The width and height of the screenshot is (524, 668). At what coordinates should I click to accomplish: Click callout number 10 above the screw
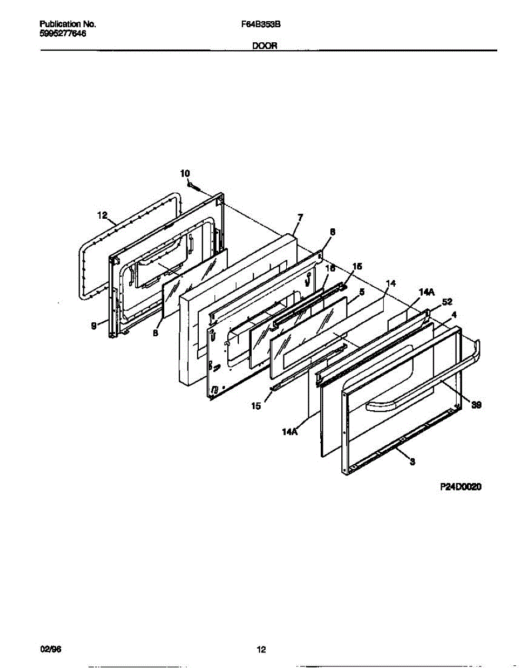(185, 174)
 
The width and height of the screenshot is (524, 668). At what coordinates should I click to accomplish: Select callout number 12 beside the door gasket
(101, 215)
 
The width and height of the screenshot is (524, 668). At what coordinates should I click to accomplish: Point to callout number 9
(94, 327)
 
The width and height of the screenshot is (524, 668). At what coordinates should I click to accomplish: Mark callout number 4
(454, 315)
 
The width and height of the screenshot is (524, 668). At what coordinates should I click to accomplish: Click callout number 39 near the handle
(477, 406)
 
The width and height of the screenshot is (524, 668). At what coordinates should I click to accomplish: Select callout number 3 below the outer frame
(412, 461)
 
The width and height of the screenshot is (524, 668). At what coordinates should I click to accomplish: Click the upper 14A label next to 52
(425, 291)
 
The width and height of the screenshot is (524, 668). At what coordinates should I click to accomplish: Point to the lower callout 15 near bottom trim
(256, 406)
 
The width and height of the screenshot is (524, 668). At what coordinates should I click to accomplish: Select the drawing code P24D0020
(461, 486)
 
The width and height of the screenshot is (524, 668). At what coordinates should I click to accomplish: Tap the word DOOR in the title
(265, 47)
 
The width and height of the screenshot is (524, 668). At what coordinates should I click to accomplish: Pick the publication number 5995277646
(63, 33)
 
